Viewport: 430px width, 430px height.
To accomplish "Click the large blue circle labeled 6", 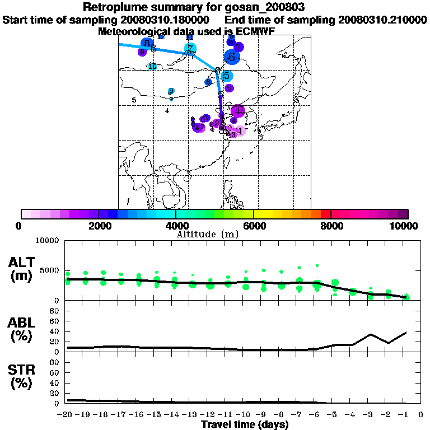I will (x=232, y=56).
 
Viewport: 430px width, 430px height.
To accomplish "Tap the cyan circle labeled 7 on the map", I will (x=190, y=49).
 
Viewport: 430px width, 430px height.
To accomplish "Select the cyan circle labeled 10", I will (x=152, y=67).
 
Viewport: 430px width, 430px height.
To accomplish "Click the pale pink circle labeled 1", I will (x=240, y=131).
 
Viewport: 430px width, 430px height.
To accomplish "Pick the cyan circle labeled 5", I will (x=226, y=76).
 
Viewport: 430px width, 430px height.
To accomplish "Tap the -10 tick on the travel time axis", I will (x=244, y=415).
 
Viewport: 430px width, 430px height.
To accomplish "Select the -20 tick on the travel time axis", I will (x=67, y=415).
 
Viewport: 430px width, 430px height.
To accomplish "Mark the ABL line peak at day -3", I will (x=371, y=334).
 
